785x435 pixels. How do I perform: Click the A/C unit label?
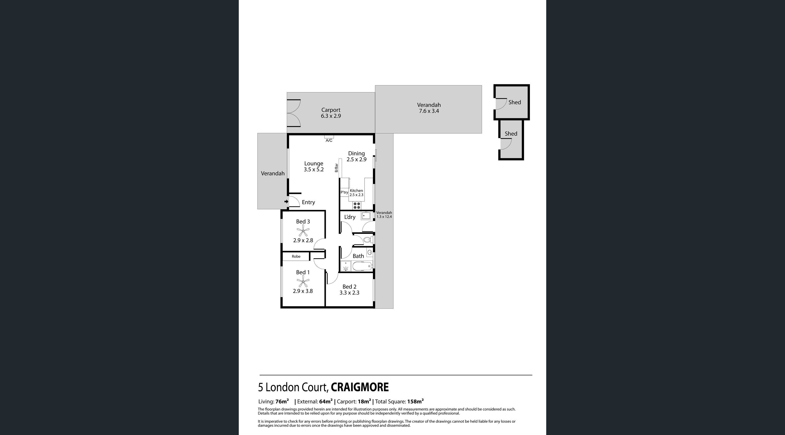click(x=329, y=140)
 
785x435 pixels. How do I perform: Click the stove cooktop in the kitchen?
click(x=357, y=205)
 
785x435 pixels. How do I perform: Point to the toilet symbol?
click(x=368, y=240)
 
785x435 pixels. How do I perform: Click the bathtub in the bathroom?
click(x=362, y=266)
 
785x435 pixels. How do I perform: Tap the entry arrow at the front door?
click(x=286, y=201)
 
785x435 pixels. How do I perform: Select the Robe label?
click(x=296, y=256)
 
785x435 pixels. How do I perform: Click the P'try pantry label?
click(x=344, y=192)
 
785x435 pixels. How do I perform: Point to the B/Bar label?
click(x=336, y=168)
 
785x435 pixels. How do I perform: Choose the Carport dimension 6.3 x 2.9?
click(x=331, y=116)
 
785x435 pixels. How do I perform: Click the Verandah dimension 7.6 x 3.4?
click(x=429, y=111)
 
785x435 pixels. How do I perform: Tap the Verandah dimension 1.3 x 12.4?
click(x=384, y=217)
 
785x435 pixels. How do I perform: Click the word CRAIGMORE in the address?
click(x=360, y=387)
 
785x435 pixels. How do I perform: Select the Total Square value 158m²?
click(x=415, y=402)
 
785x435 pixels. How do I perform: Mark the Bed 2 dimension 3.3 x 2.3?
click(x=349, y=293)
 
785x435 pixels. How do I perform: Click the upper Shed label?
click(x=515, y=102)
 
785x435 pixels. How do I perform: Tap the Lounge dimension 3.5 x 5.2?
click(x=313, y=169)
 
